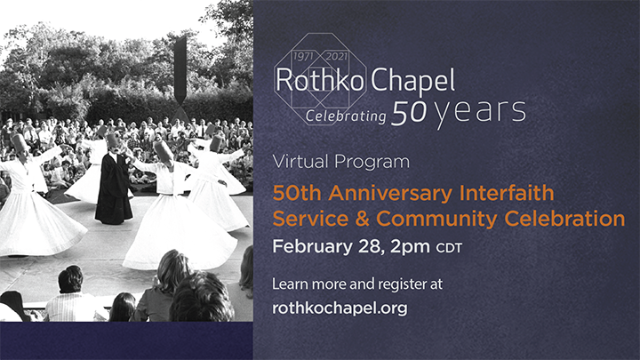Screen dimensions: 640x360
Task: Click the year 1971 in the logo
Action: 303,56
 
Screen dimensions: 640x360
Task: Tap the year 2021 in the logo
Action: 337,56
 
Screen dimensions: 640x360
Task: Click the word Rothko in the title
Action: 320,80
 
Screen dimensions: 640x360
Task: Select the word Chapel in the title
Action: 412,81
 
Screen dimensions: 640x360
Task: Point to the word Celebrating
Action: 346,116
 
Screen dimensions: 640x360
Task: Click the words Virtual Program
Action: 340,162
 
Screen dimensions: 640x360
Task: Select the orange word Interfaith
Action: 507,193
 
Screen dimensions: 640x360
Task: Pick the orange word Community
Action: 436,219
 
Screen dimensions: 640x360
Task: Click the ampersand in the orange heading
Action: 362,219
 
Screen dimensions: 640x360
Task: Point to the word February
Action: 312,246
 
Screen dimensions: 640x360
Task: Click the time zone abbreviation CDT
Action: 449,248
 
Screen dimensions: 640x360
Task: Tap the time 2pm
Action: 410,247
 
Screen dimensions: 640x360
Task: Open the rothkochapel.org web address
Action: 340,308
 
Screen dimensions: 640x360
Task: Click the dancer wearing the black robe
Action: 114,184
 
